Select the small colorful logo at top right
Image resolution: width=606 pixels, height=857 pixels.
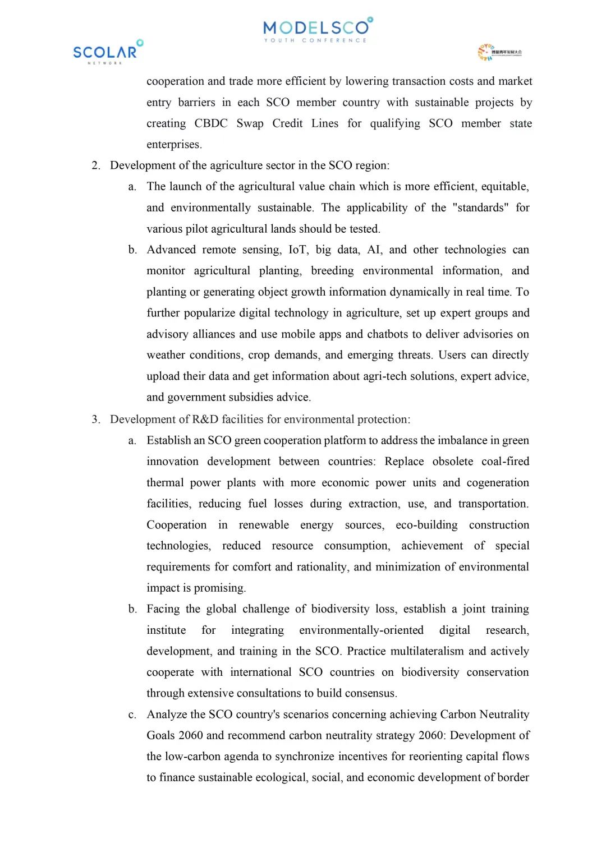pyautogui.click(x=499, y=52)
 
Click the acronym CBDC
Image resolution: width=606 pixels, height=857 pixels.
pyautogui.click(x=211, y=123)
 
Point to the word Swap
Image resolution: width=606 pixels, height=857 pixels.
pyautogui.click(x=250, y=123)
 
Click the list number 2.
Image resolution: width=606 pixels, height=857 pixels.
pyautogui.click(x=95, y=165)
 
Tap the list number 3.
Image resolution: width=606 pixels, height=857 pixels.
pyautogui.click(x=95, y=420)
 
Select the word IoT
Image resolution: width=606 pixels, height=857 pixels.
pyautogui.click(x=298, y=250)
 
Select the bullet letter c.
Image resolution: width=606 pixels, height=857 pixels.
pyautogui.click(x=132, y=715)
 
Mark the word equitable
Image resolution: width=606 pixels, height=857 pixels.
pyautogui.click(x=505, y=187)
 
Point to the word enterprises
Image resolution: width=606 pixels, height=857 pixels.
pyautogui.click(x=174, y=145)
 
